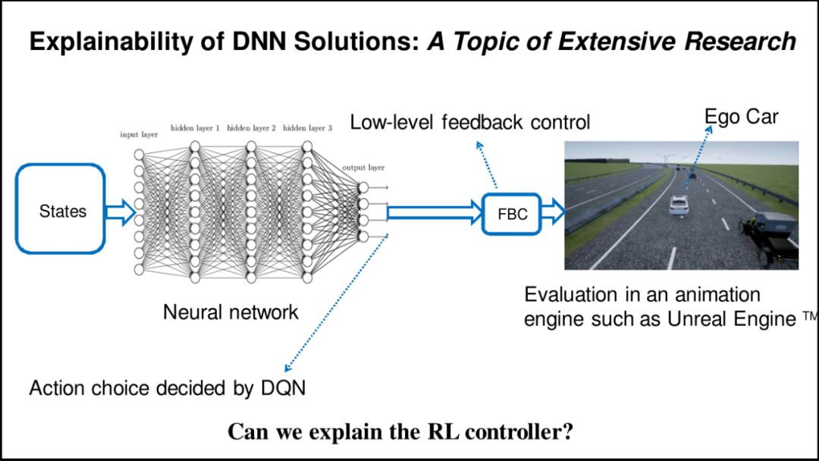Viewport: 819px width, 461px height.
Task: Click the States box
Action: coord(61,209)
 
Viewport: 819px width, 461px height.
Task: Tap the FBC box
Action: coord(512,214)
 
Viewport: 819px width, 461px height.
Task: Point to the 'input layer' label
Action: coord(139,135)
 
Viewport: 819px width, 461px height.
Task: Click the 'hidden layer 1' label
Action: coord(195,128)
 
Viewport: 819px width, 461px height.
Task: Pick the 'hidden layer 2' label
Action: coord(251,128)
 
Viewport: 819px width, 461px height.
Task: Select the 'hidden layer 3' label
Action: coord(307,128)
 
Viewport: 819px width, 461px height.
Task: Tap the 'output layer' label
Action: coord(363,167)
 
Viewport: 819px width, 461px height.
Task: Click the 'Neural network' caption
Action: coord(231,312)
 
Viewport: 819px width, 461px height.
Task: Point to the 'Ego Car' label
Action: coord(741,117)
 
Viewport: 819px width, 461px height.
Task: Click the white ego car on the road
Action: coord(679,205)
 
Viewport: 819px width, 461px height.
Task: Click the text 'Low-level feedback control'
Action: coord(469,122)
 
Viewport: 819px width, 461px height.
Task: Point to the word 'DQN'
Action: coord(281,388)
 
